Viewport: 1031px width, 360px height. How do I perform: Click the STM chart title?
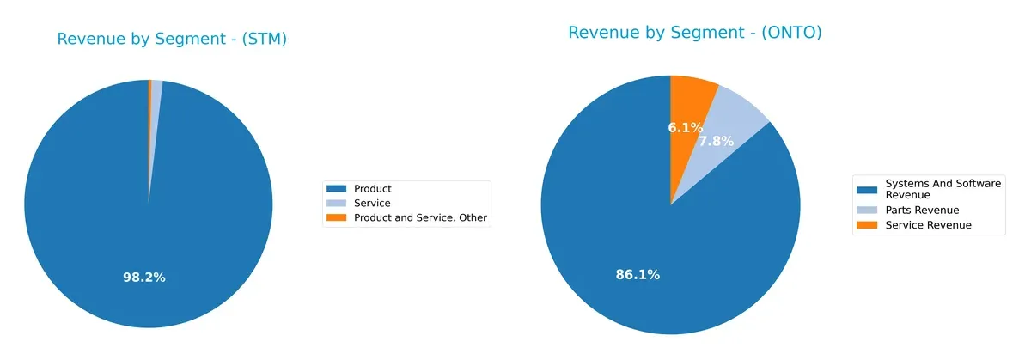(x=172, y=39)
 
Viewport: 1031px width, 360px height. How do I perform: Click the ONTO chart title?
(x=695, y=33)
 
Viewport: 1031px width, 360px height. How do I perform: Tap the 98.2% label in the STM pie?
(x=144, y=278)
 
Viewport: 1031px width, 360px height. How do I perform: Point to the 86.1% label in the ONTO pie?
(x=638, y=275)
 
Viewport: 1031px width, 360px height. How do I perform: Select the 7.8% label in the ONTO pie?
(x=716, y=141)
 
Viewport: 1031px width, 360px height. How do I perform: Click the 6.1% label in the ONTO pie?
(x=686, y=127)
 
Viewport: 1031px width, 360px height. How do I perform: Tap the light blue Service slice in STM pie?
(x=156, y=95)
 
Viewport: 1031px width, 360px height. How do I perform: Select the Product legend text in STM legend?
(x=372, y=189)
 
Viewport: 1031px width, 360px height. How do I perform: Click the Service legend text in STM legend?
(x=371, y=204)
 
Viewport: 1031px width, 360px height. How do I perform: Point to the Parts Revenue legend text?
(x=921, y=210)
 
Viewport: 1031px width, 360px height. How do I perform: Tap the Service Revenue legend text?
(x=928, y=225)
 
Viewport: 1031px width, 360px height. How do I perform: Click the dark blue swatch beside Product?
(x=336, y=189)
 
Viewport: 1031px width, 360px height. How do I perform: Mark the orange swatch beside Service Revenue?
(x=867, y=225)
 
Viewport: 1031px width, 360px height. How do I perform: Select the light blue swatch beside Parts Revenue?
(x=867, y=210)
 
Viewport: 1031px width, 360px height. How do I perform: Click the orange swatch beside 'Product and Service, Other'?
(x=336, y=218)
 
